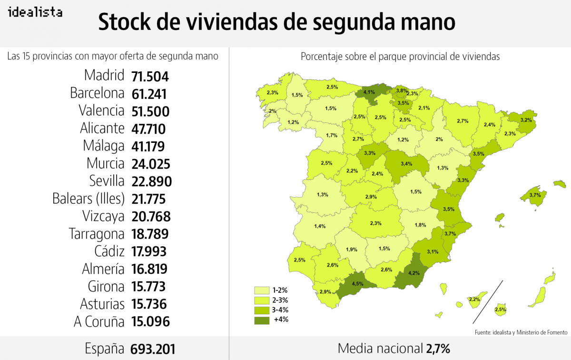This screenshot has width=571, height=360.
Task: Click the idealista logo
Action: click(35, 13)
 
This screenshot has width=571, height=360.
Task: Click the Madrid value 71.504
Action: click(150, 77)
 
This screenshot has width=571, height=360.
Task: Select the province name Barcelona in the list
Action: click(97, 93)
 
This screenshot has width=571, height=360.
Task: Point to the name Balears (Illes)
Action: click(89, 199)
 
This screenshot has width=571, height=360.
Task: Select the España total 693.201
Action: click(153, 349)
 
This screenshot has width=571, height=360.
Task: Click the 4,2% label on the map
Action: click(414, 273)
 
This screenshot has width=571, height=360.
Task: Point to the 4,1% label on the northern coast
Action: click(369, 91)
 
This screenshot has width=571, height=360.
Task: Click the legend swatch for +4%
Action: click(262, 320)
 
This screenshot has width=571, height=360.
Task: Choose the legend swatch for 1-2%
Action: click(262, 290)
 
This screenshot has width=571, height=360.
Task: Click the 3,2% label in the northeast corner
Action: click(525, 120)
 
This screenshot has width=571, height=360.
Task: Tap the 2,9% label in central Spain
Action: click(371, 197)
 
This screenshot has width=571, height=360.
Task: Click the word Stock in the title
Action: click(125, 22)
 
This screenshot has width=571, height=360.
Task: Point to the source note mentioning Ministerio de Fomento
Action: click(521, 332)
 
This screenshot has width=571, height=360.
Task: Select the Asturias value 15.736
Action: click(150, 304)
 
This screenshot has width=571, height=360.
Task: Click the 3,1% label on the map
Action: click(433, 251)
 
